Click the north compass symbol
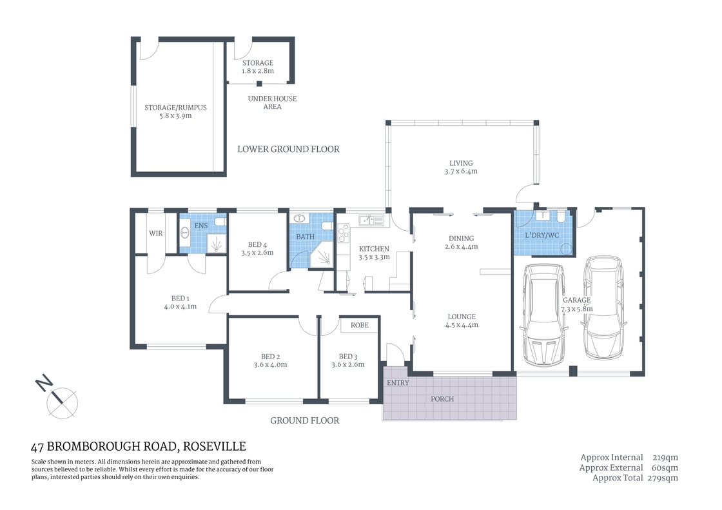point(61,400)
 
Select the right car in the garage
point(603,308)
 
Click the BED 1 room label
point(180,299)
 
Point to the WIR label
point(156,233)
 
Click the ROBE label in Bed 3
point(360,326)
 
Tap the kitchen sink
point(369,221)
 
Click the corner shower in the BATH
point(322,255)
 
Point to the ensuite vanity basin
point(184,233)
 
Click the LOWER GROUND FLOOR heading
point(288,149)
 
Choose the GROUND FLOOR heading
point(304,420)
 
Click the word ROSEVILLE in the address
point(215,446)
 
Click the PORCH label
point(442,399)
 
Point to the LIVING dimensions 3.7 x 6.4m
point(461,172)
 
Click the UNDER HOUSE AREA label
point(272,103)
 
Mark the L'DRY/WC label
point(543,235)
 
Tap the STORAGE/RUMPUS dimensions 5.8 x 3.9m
point(175,116)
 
